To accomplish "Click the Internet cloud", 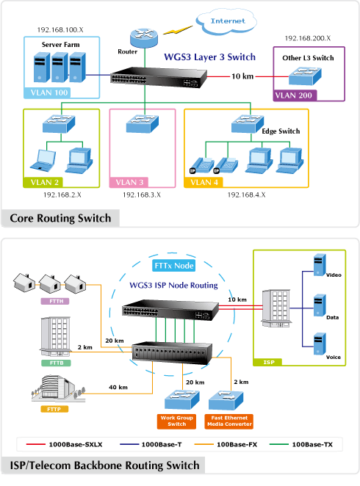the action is pyautogui.click(x=227, y=21).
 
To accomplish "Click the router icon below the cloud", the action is pyautogui.click(x=144, y=38).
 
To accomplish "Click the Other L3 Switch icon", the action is pyautogui.click(x=305, y=76).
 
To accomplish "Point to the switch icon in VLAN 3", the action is pyautogui.click(x=143, y=124).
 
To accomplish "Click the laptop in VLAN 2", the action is pyautogui.click(x=43, y=161).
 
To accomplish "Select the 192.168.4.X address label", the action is pyautogui.click(x=247, y=195).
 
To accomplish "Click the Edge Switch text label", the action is pyautogui.click(x=281, y=131).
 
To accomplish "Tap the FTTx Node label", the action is pyautogui.click(x=174, y=266).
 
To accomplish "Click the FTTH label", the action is pyautogui.click(x=55, y=301).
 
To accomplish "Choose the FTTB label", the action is pyautogui.click(x=56, y=363).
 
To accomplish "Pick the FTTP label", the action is pyautogui.click(x=54, y=409).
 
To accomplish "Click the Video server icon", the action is pyautogui.click(x=320, y=265).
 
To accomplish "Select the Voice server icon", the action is pyautogui.click(x=320, y=344).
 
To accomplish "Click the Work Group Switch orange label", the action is pyautogui.click(x=177, y=421).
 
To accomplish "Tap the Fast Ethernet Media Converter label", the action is pyautogui.click(x=229, y=421).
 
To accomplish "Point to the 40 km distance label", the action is pyautogui.click(x=118, y=387).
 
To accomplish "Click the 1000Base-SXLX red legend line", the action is pyautogui.click(x=36, y=444).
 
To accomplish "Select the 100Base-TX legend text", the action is pyautogui.click(x=312, y=444).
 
